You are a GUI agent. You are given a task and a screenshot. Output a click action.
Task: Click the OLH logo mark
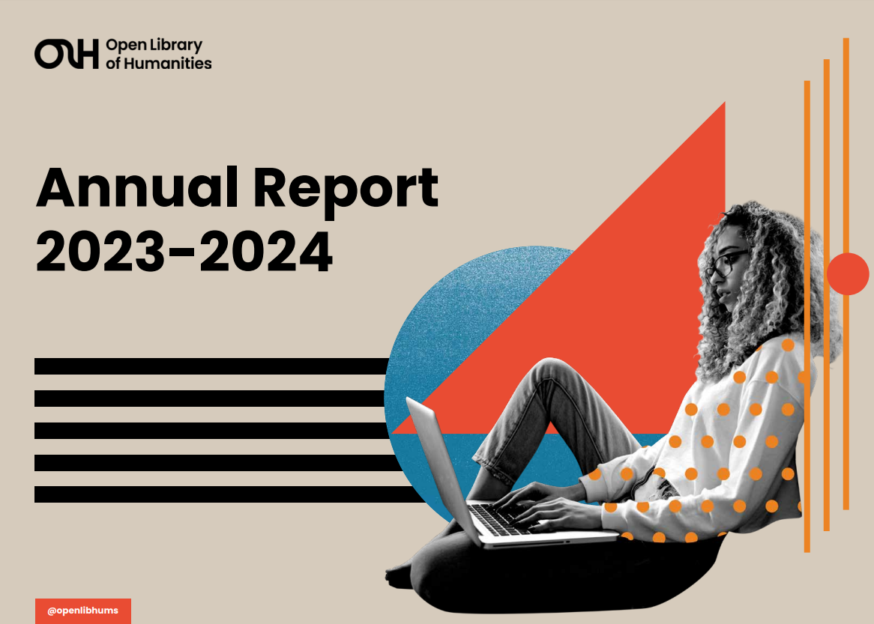click(x=66, y=53)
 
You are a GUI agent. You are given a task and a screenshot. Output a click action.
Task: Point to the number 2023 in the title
click(x=100, y=252)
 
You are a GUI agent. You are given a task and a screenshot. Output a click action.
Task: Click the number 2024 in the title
click(x=266, y=252)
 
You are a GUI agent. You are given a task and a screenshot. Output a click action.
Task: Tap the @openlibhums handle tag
click(x=83, y=611)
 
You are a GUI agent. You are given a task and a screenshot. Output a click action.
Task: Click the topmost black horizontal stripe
click(x=212, y=366)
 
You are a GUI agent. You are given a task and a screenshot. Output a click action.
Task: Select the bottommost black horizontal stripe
click(x=229, y=494)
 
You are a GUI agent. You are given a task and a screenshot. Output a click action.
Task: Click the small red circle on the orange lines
click(x=847, y=273)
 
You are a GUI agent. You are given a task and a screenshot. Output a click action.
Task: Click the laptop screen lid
click(x=444, y=468)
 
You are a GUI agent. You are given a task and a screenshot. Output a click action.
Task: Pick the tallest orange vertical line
click(x=846, y=273)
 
